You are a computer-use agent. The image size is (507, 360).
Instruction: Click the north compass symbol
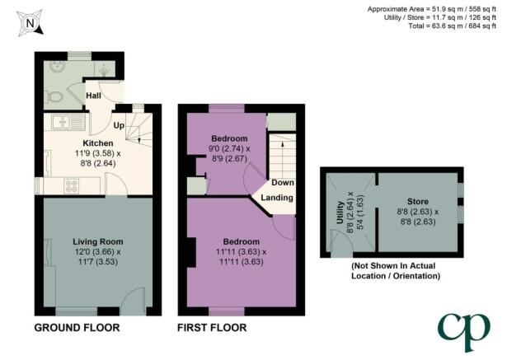coord(30,23)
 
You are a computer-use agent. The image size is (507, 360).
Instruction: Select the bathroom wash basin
coord(58,66)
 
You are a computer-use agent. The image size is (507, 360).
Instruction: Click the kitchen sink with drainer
coord(68,122)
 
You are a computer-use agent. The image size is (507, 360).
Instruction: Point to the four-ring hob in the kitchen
coord(72,186)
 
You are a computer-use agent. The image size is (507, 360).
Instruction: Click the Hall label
coord(93,96)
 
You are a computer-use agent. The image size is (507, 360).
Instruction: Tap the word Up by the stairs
coord(119,125)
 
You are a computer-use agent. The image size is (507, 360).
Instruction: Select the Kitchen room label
coord(98,143)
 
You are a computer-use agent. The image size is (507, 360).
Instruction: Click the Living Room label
coord(97,241)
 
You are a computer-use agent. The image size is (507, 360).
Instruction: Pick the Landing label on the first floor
coord(277,198)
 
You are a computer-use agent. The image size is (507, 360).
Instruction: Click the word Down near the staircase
coord(283,183)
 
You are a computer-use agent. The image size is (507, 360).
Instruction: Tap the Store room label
coord(418,202)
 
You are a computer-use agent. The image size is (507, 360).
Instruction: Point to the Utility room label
coord(340,213)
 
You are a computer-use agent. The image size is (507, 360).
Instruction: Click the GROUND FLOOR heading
coord(77,328)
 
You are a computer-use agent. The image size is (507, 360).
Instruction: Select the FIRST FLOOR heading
coord(212,328)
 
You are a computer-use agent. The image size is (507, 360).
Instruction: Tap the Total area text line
coord(452,26)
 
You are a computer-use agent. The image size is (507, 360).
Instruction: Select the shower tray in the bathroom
coord(105,69)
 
